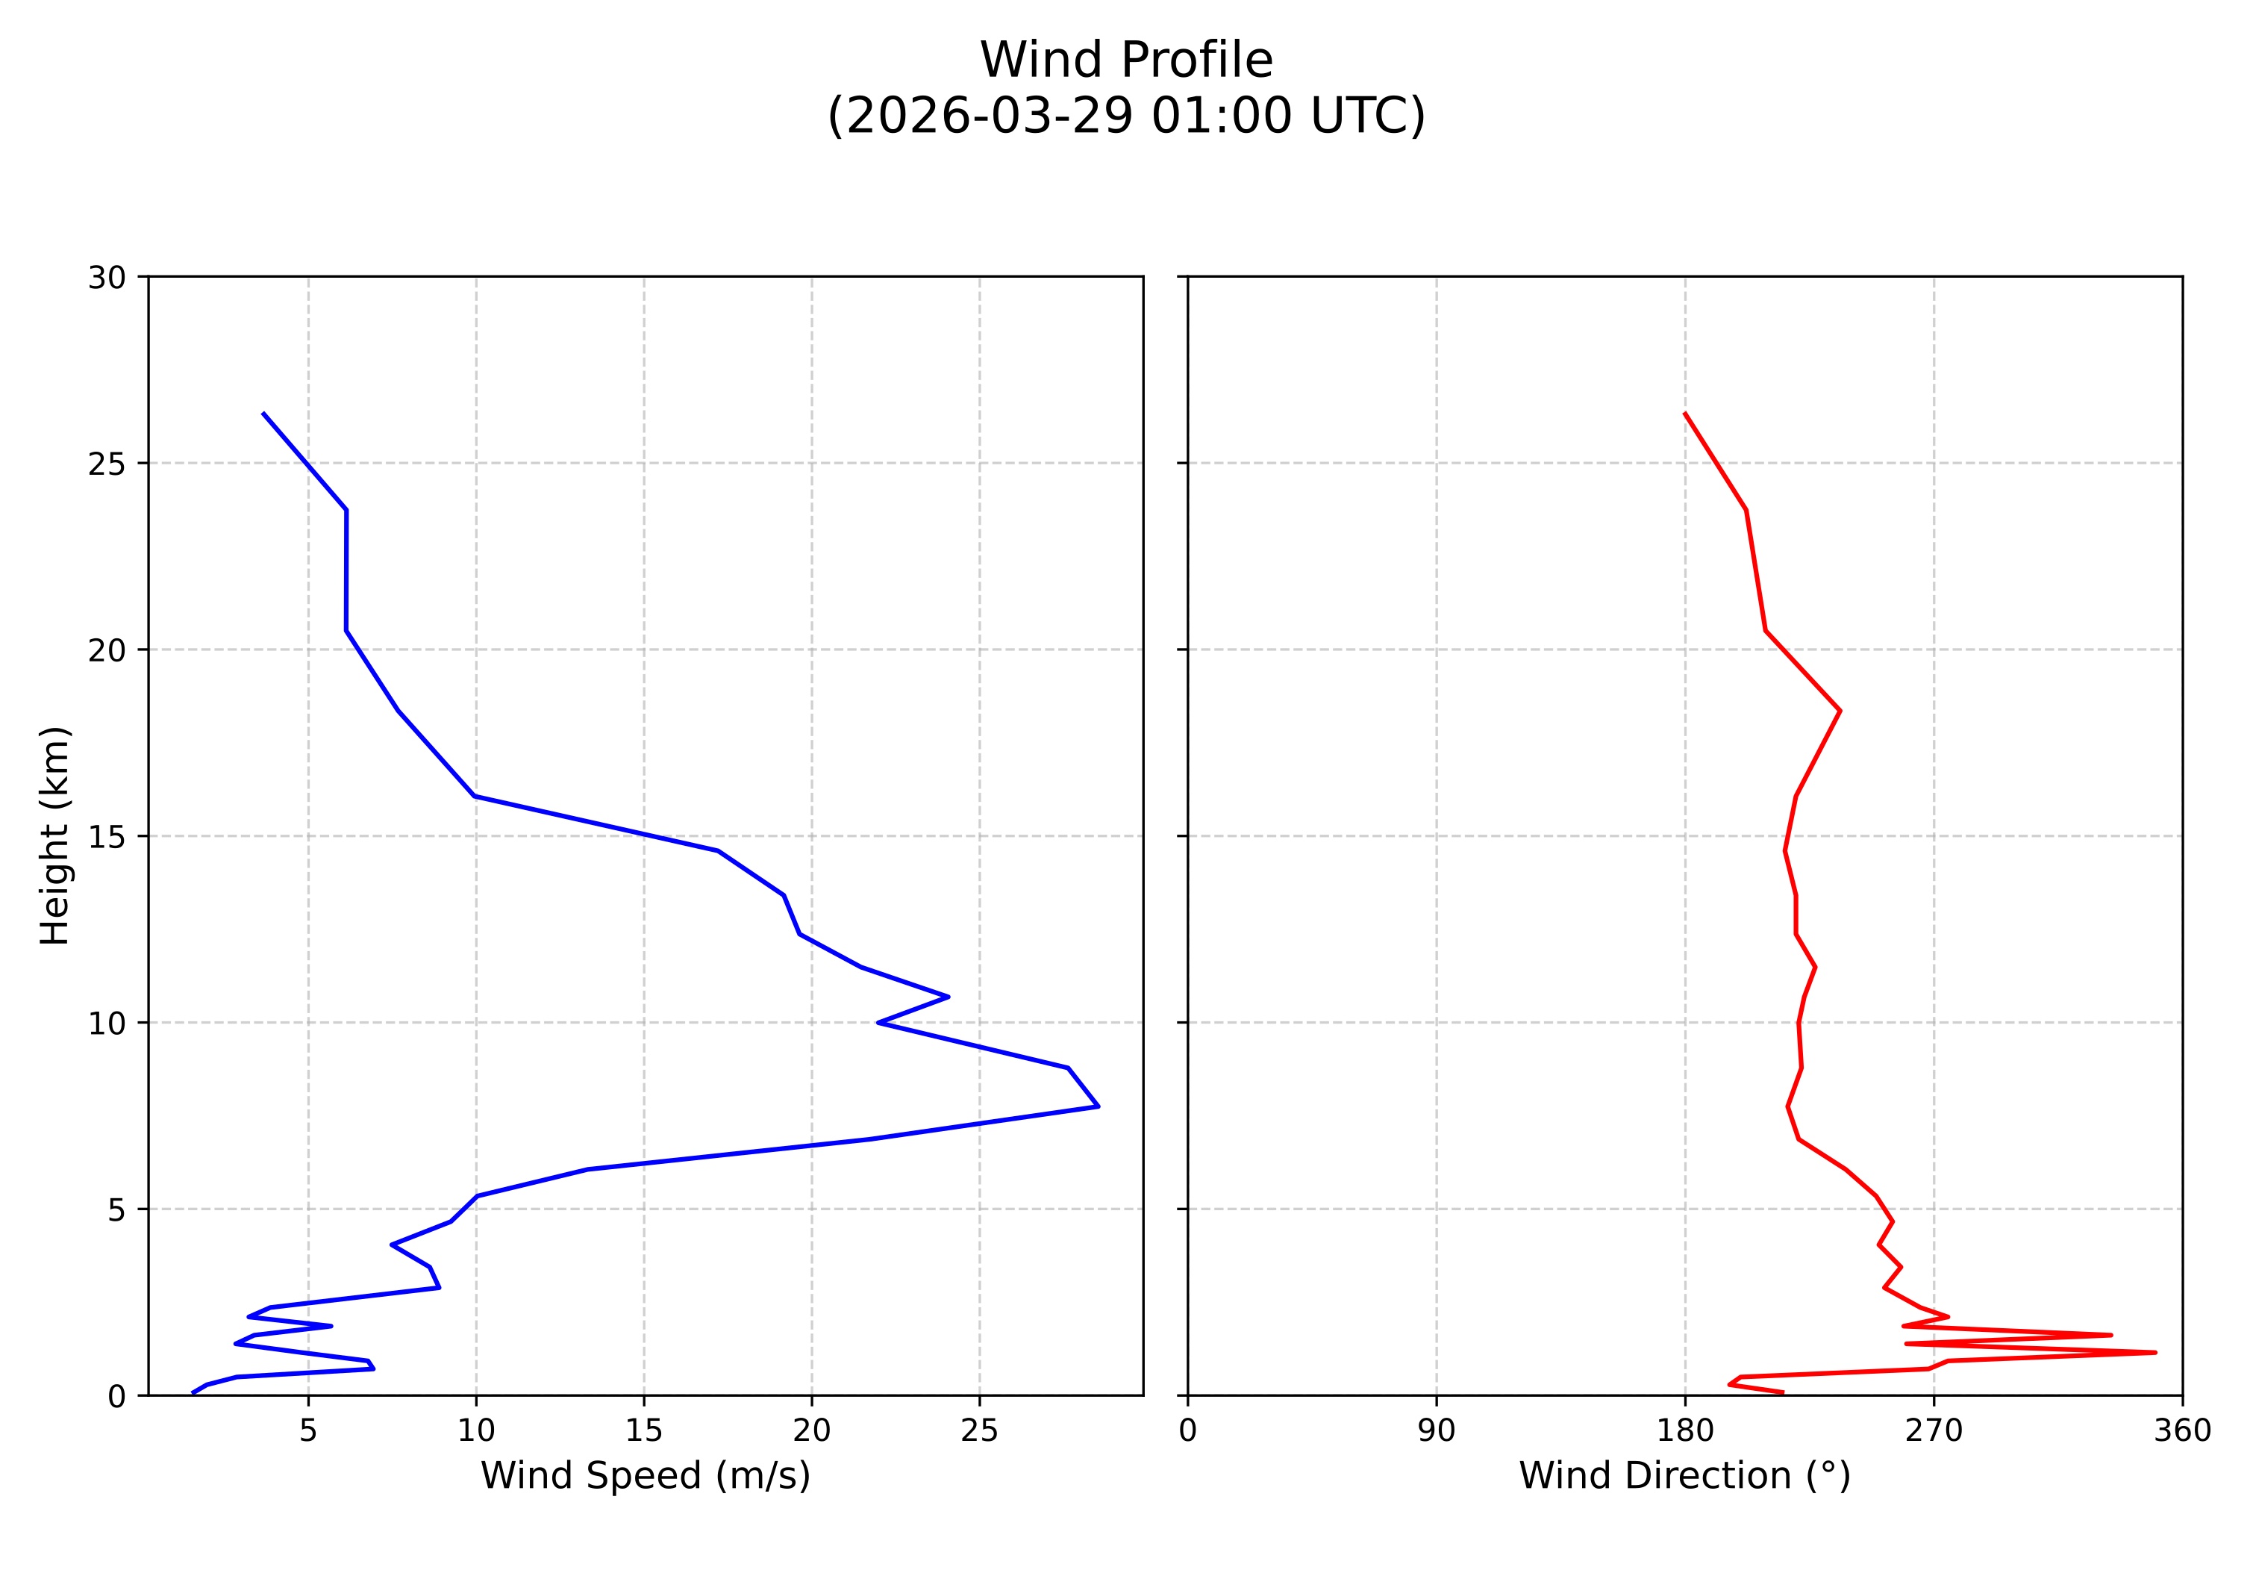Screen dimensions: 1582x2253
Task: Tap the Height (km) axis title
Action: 55,835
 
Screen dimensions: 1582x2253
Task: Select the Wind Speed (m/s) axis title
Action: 645,1476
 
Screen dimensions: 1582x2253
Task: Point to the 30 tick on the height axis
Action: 107,278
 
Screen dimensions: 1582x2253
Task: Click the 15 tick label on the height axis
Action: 107,836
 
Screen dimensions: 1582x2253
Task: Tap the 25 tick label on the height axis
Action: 107,463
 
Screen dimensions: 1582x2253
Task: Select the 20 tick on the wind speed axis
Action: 811,1431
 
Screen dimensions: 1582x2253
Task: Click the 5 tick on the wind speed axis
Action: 308,1431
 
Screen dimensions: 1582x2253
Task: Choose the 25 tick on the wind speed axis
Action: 979,1431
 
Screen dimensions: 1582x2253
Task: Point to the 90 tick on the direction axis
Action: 1437,1431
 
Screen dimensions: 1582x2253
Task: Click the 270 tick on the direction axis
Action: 1934,1431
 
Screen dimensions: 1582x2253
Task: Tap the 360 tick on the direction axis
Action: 2182,1431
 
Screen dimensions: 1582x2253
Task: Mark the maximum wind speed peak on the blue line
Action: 1098,1106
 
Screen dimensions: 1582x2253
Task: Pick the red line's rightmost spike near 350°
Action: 2155,1352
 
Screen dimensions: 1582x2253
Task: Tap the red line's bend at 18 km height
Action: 1840,711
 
